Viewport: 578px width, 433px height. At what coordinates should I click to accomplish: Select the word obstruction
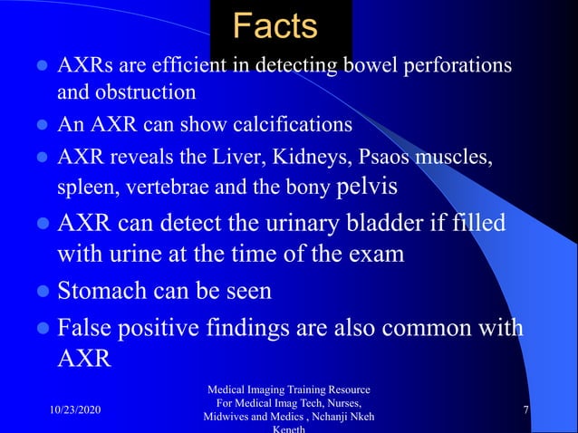[151, 91]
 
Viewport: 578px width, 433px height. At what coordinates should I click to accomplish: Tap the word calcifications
[289, 124]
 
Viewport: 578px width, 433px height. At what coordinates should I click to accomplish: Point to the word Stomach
[102, 293]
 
